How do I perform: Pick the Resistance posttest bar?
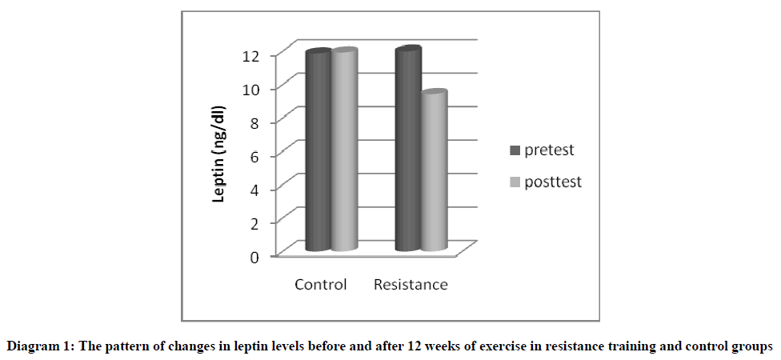coord(434,171)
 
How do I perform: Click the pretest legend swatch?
coord(515,150)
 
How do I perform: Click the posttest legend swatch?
coord(515,182)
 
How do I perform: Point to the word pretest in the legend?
coord(550,150)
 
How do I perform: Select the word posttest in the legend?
coord(553,182)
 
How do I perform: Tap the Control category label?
coord(321,285)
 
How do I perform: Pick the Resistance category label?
coord(411,285)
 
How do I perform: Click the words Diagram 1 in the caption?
coord(35,346)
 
